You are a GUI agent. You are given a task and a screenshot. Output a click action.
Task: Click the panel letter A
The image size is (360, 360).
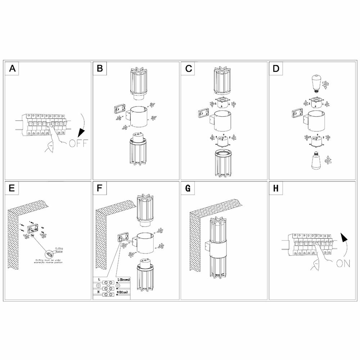pos(13,69)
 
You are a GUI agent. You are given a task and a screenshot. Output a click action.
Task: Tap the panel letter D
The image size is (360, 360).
pos(276,69)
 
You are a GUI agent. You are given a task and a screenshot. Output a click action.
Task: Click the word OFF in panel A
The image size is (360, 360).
pos(78,144)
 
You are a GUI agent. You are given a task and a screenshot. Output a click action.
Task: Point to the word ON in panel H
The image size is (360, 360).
pos(343,264)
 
